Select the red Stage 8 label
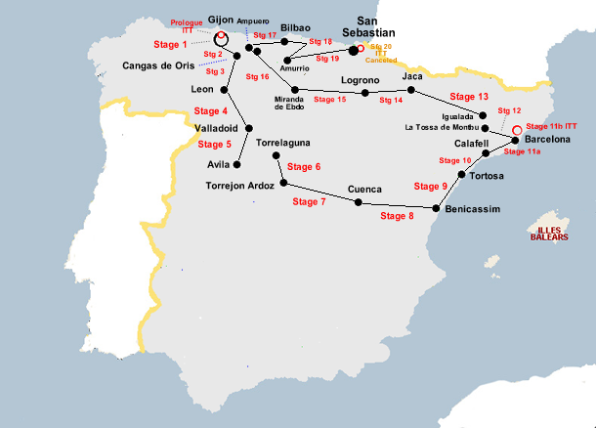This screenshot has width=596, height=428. [x=397, y=215]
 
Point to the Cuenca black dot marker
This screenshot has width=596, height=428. [x=358, y=202]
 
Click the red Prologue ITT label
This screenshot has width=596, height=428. [x=187, y=26]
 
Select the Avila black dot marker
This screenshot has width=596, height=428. [x=235, y=164]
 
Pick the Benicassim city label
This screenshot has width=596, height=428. [x=472, y=210]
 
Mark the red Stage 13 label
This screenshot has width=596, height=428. [x=469, y=97]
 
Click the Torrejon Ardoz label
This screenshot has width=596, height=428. [x=240, y=185]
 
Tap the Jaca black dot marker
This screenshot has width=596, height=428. [x=411, y=90]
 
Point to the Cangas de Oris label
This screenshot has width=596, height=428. [x=158, y=65]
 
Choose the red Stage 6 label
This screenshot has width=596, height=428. [x=304, y=167]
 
